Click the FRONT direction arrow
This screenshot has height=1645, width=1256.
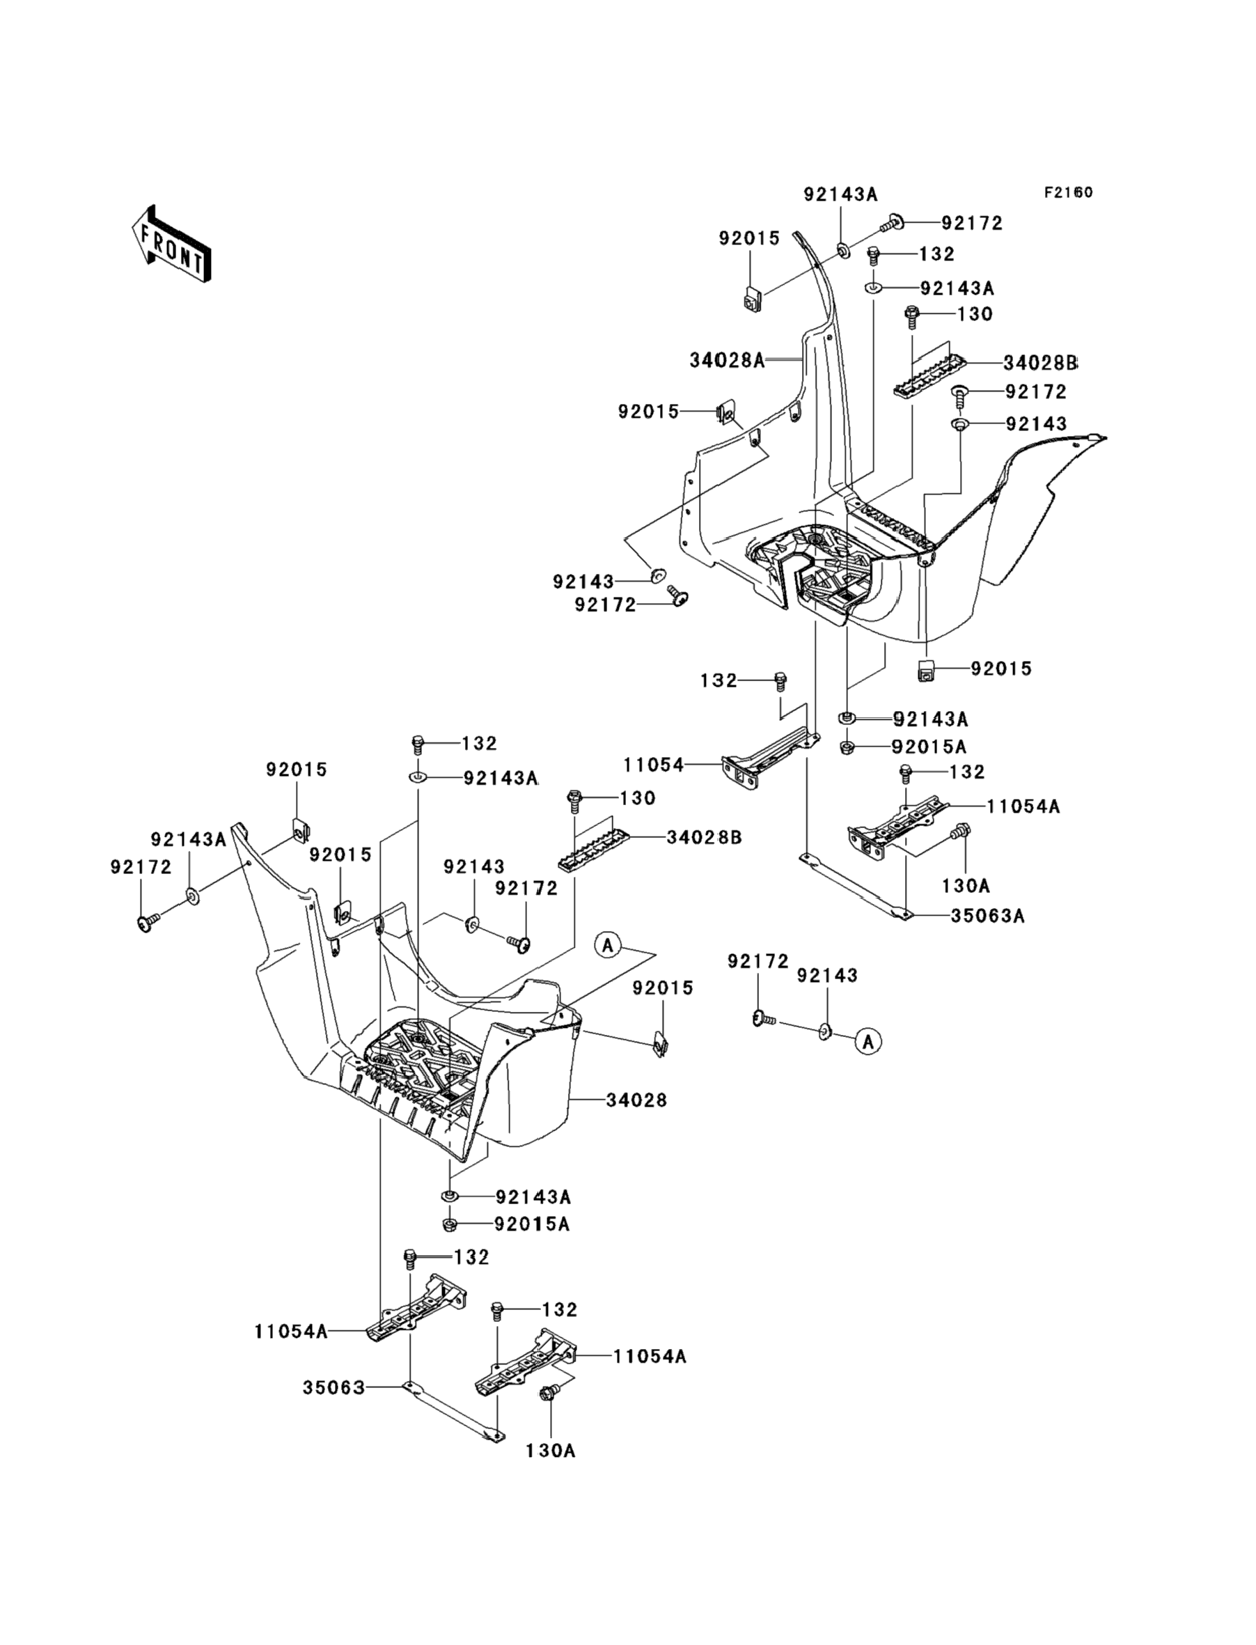tap(171, 244)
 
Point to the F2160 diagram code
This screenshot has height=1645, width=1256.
tap(1068, 192)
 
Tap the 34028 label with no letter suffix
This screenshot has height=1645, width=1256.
tap(636, 1100)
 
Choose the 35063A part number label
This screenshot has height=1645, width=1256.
tap(987, 915)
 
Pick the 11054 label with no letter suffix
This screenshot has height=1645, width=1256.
tap(654, 765)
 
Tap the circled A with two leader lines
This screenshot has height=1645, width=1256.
tap(608, 945)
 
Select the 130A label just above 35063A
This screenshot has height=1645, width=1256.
tap(965, 885)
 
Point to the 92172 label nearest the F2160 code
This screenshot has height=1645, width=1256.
tap(971, 223)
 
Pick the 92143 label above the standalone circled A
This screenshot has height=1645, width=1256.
tap(827, 975)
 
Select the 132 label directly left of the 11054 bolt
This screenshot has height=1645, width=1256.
tap(719, 680)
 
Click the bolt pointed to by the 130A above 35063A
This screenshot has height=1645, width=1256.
tap(960, 832)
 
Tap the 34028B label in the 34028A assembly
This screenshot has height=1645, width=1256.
tap(1040, 363)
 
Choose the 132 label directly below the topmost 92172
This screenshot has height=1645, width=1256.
tap(936, 254)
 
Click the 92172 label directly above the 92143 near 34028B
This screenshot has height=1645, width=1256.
tap(1035, 391)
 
